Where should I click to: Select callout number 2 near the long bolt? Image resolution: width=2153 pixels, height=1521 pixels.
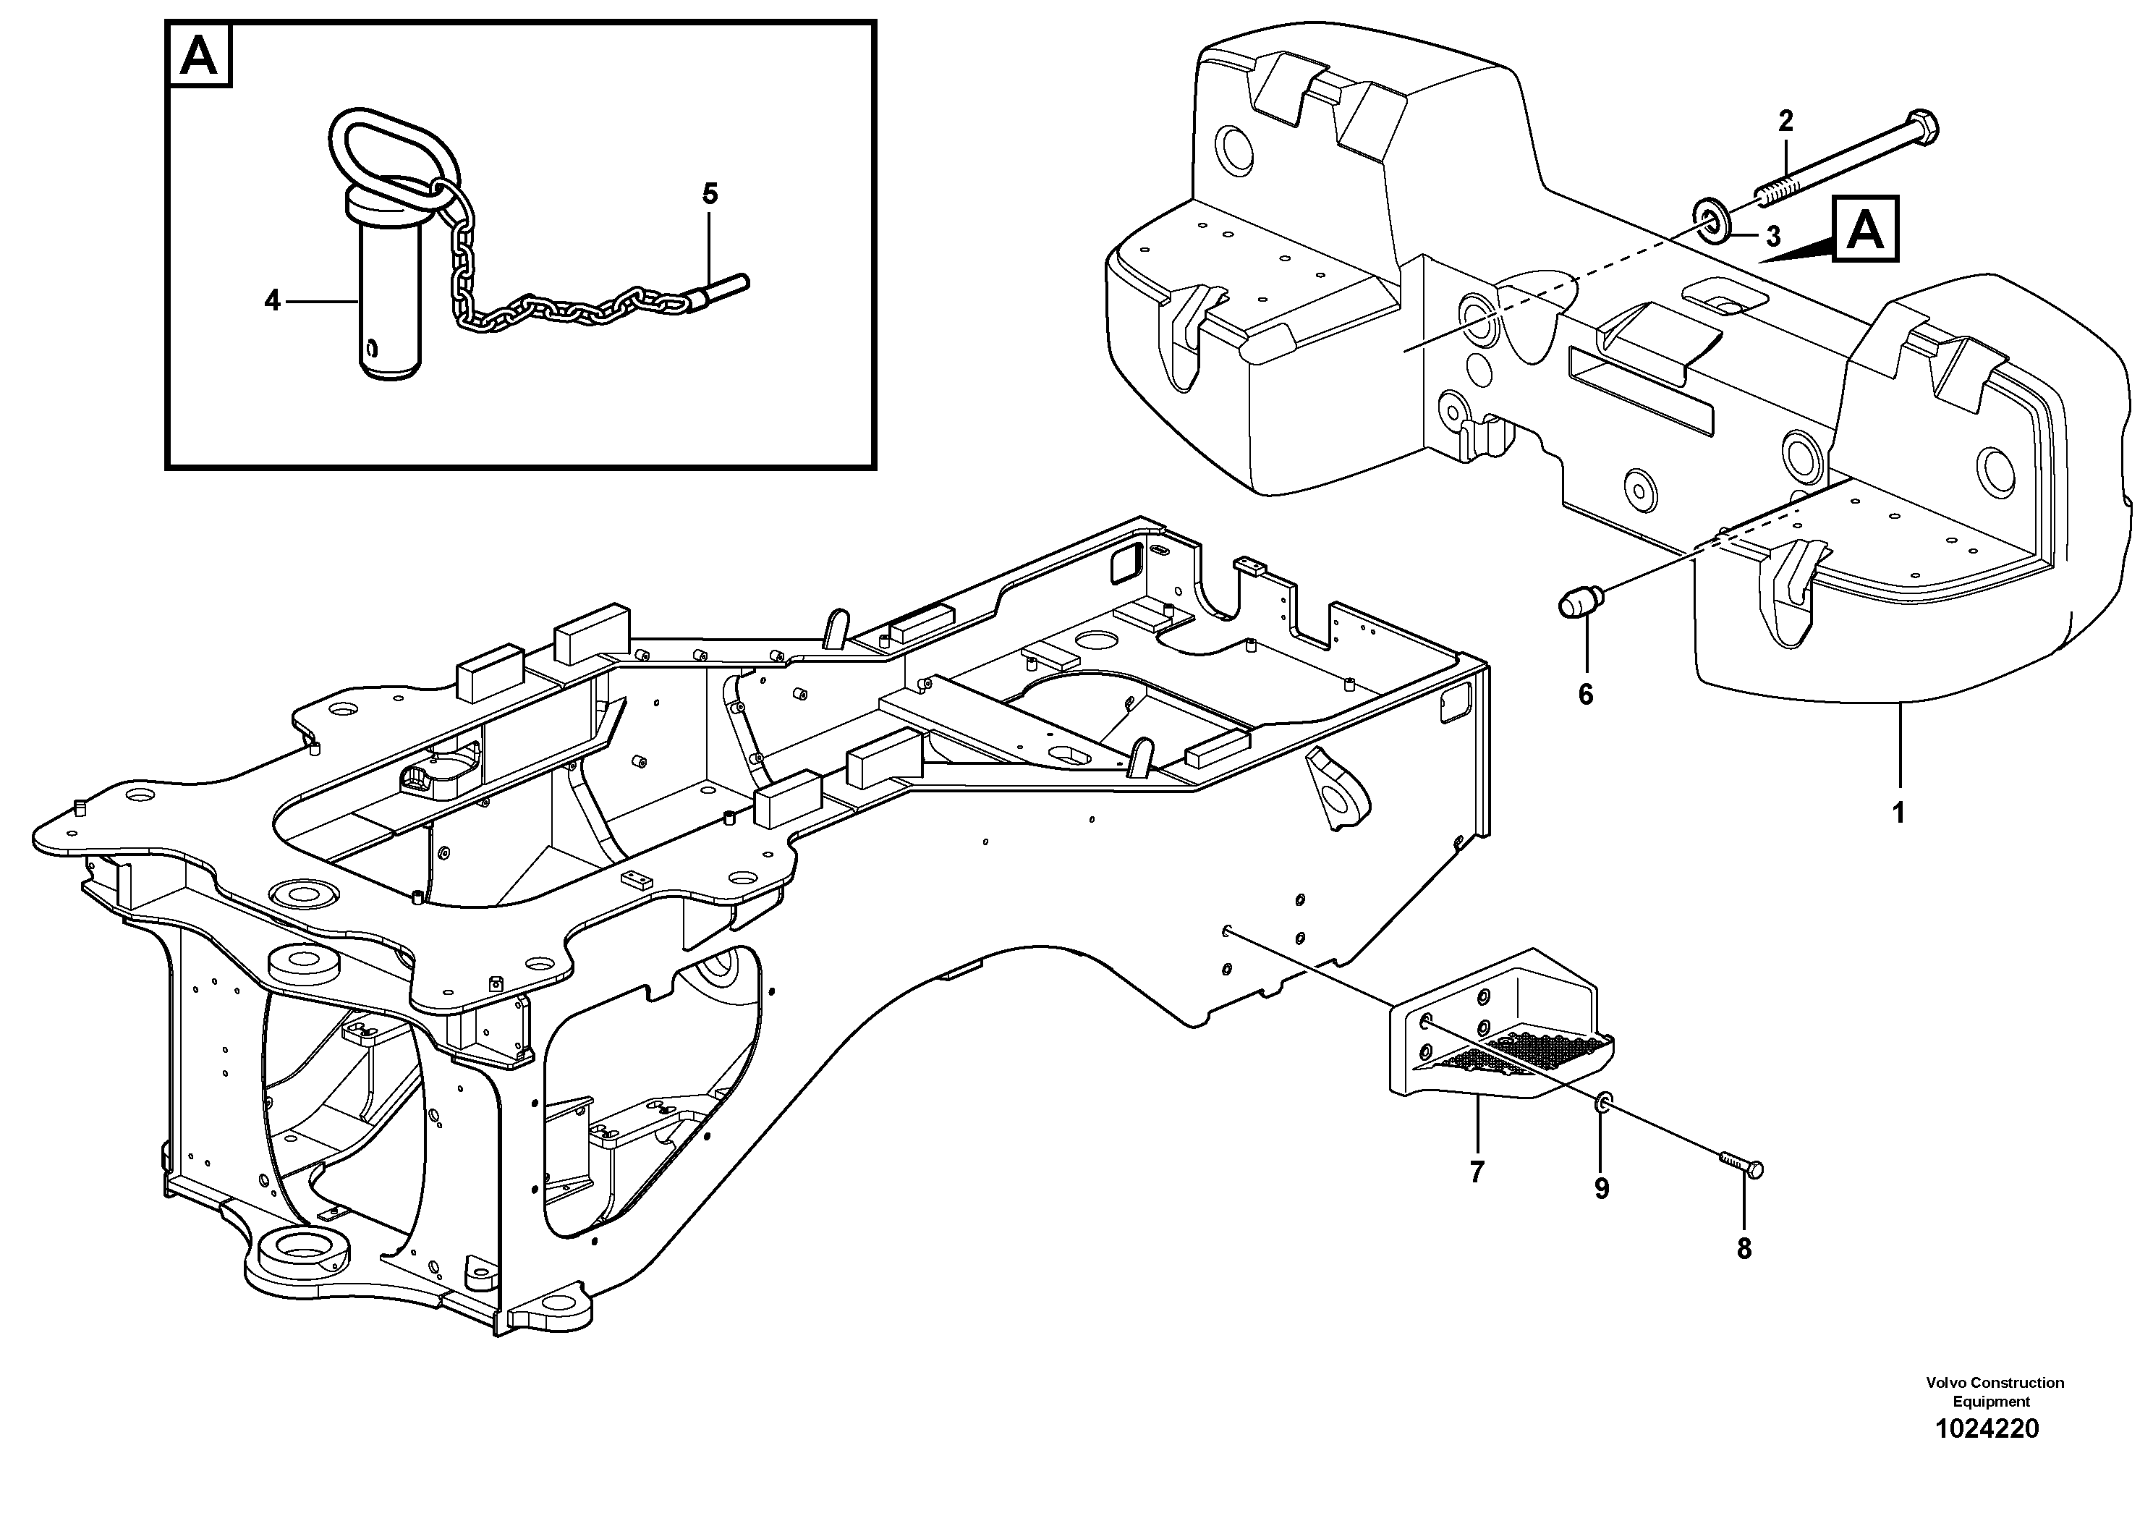tap(1785, 120)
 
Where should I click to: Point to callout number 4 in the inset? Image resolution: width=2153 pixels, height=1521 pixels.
tap(272, 301)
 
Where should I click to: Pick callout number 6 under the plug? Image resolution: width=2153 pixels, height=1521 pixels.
tap(1586, 695)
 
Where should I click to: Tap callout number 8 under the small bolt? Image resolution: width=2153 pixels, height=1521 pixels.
tap(1744, 1249)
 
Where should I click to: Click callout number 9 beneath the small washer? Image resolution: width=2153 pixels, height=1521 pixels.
tap(1602, 1189)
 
